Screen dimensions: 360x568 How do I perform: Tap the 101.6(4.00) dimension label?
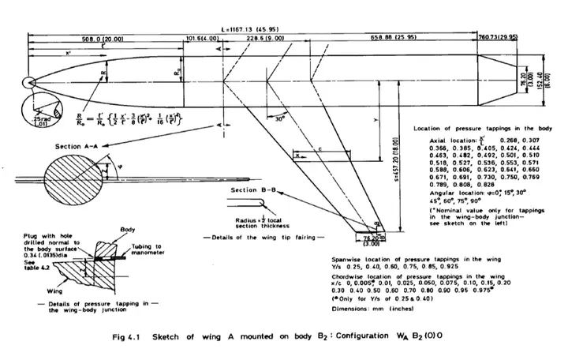204,38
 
